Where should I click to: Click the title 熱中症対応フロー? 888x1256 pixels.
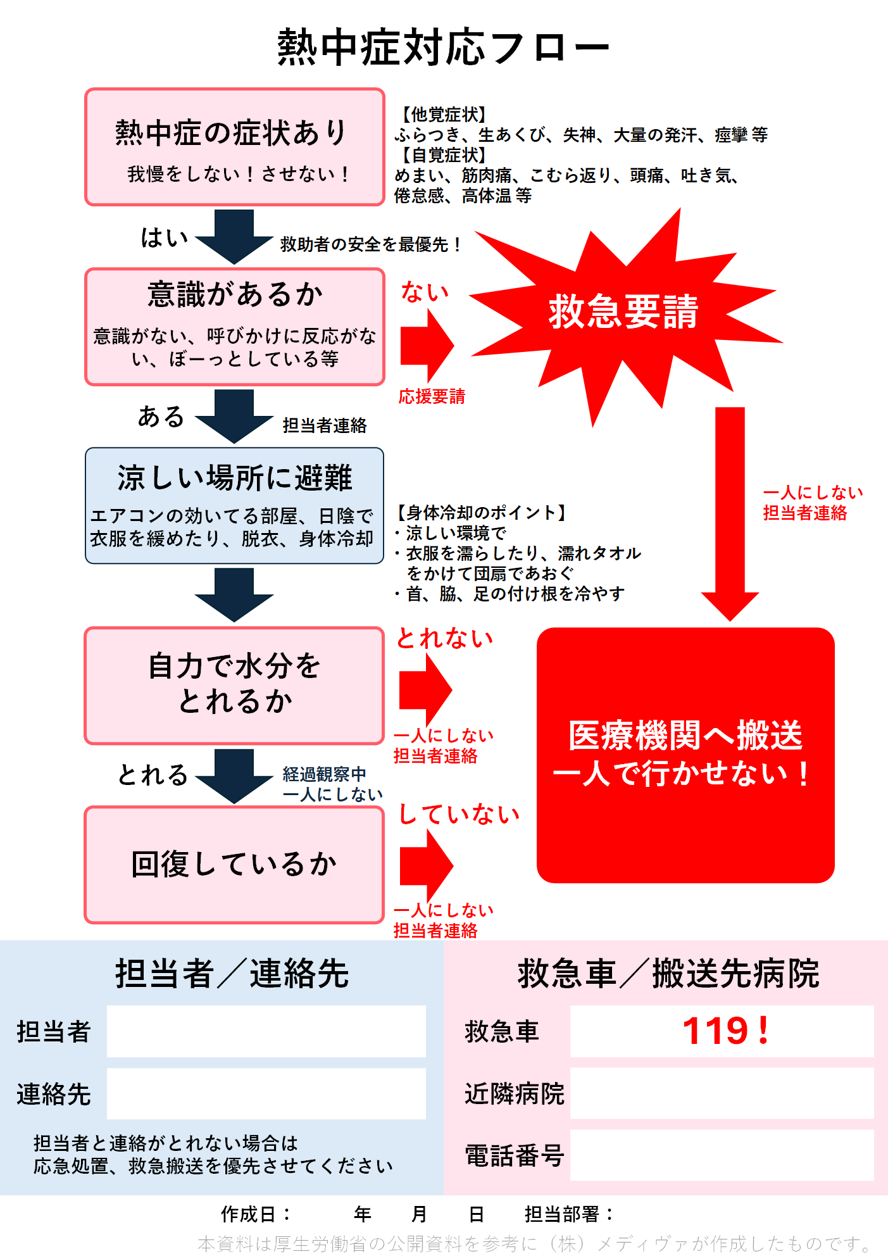click(x=443, y=47)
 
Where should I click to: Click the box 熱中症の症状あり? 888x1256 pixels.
click(x=235, y=147)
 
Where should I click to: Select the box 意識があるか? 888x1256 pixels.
click(x=235, y=327)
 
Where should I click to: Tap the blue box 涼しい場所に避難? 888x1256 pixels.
click(x=235, y=505)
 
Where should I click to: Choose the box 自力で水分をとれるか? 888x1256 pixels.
click(x=235, y=685)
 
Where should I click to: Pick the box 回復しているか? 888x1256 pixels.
click(x=235, y=864)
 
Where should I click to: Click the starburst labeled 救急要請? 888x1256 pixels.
click(x=623, y=312)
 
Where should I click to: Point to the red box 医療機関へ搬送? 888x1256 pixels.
click(x=685, y=755)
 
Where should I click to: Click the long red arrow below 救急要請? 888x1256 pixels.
click(x=730, y=506)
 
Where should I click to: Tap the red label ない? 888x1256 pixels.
click(x=425, y=292)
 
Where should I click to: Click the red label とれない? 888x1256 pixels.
click(x=444, y=639)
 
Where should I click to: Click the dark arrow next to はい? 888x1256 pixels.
click(x=234, y=236)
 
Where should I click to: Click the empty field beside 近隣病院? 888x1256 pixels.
click(x=722, y=1093)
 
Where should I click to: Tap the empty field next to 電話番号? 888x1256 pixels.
click(x=722, y=1155)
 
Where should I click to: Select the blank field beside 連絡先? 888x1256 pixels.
click(x=266, y=1093)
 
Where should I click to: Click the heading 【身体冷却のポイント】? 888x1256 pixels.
click(x=481, y=512)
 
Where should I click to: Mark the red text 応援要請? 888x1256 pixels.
click(x=432, y=397)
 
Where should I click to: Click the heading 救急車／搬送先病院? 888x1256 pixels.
click(x=668, y=974)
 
